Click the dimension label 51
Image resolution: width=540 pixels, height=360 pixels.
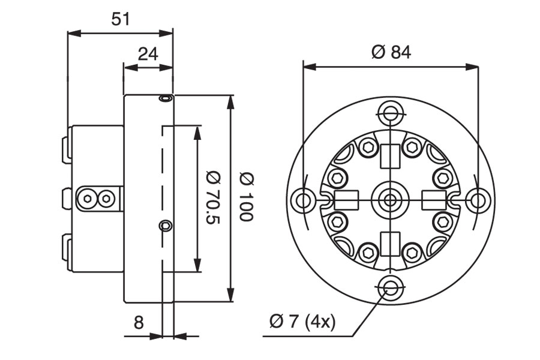[121, 19]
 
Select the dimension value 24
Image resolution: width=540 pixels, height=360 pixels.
[148, 54]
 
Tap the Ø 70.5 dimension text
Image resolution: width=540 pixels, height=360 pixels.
[213, 199]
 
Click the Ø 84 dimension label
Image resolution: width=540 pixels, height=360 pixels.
[391, 52]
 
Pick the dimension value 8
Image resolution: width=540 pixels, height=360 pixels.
[139, 322]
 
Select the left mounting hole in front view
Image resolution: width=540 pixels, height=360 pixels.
[303, 199]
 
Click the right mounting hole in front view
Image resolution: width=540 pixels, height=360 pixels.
[478, 199]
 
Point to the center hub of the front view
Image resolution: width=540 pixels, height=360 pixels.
[391, 199]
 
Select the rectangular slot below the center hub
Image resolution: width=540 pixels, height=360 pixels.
[391, 242]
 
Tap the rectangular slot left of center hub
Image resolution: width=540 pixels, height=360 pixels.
[346, 199]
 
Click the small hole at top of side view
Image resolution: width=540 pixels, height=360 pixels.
[165, 98]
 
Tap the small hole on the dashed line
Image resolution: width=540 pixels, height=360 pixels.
[165, 226]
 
